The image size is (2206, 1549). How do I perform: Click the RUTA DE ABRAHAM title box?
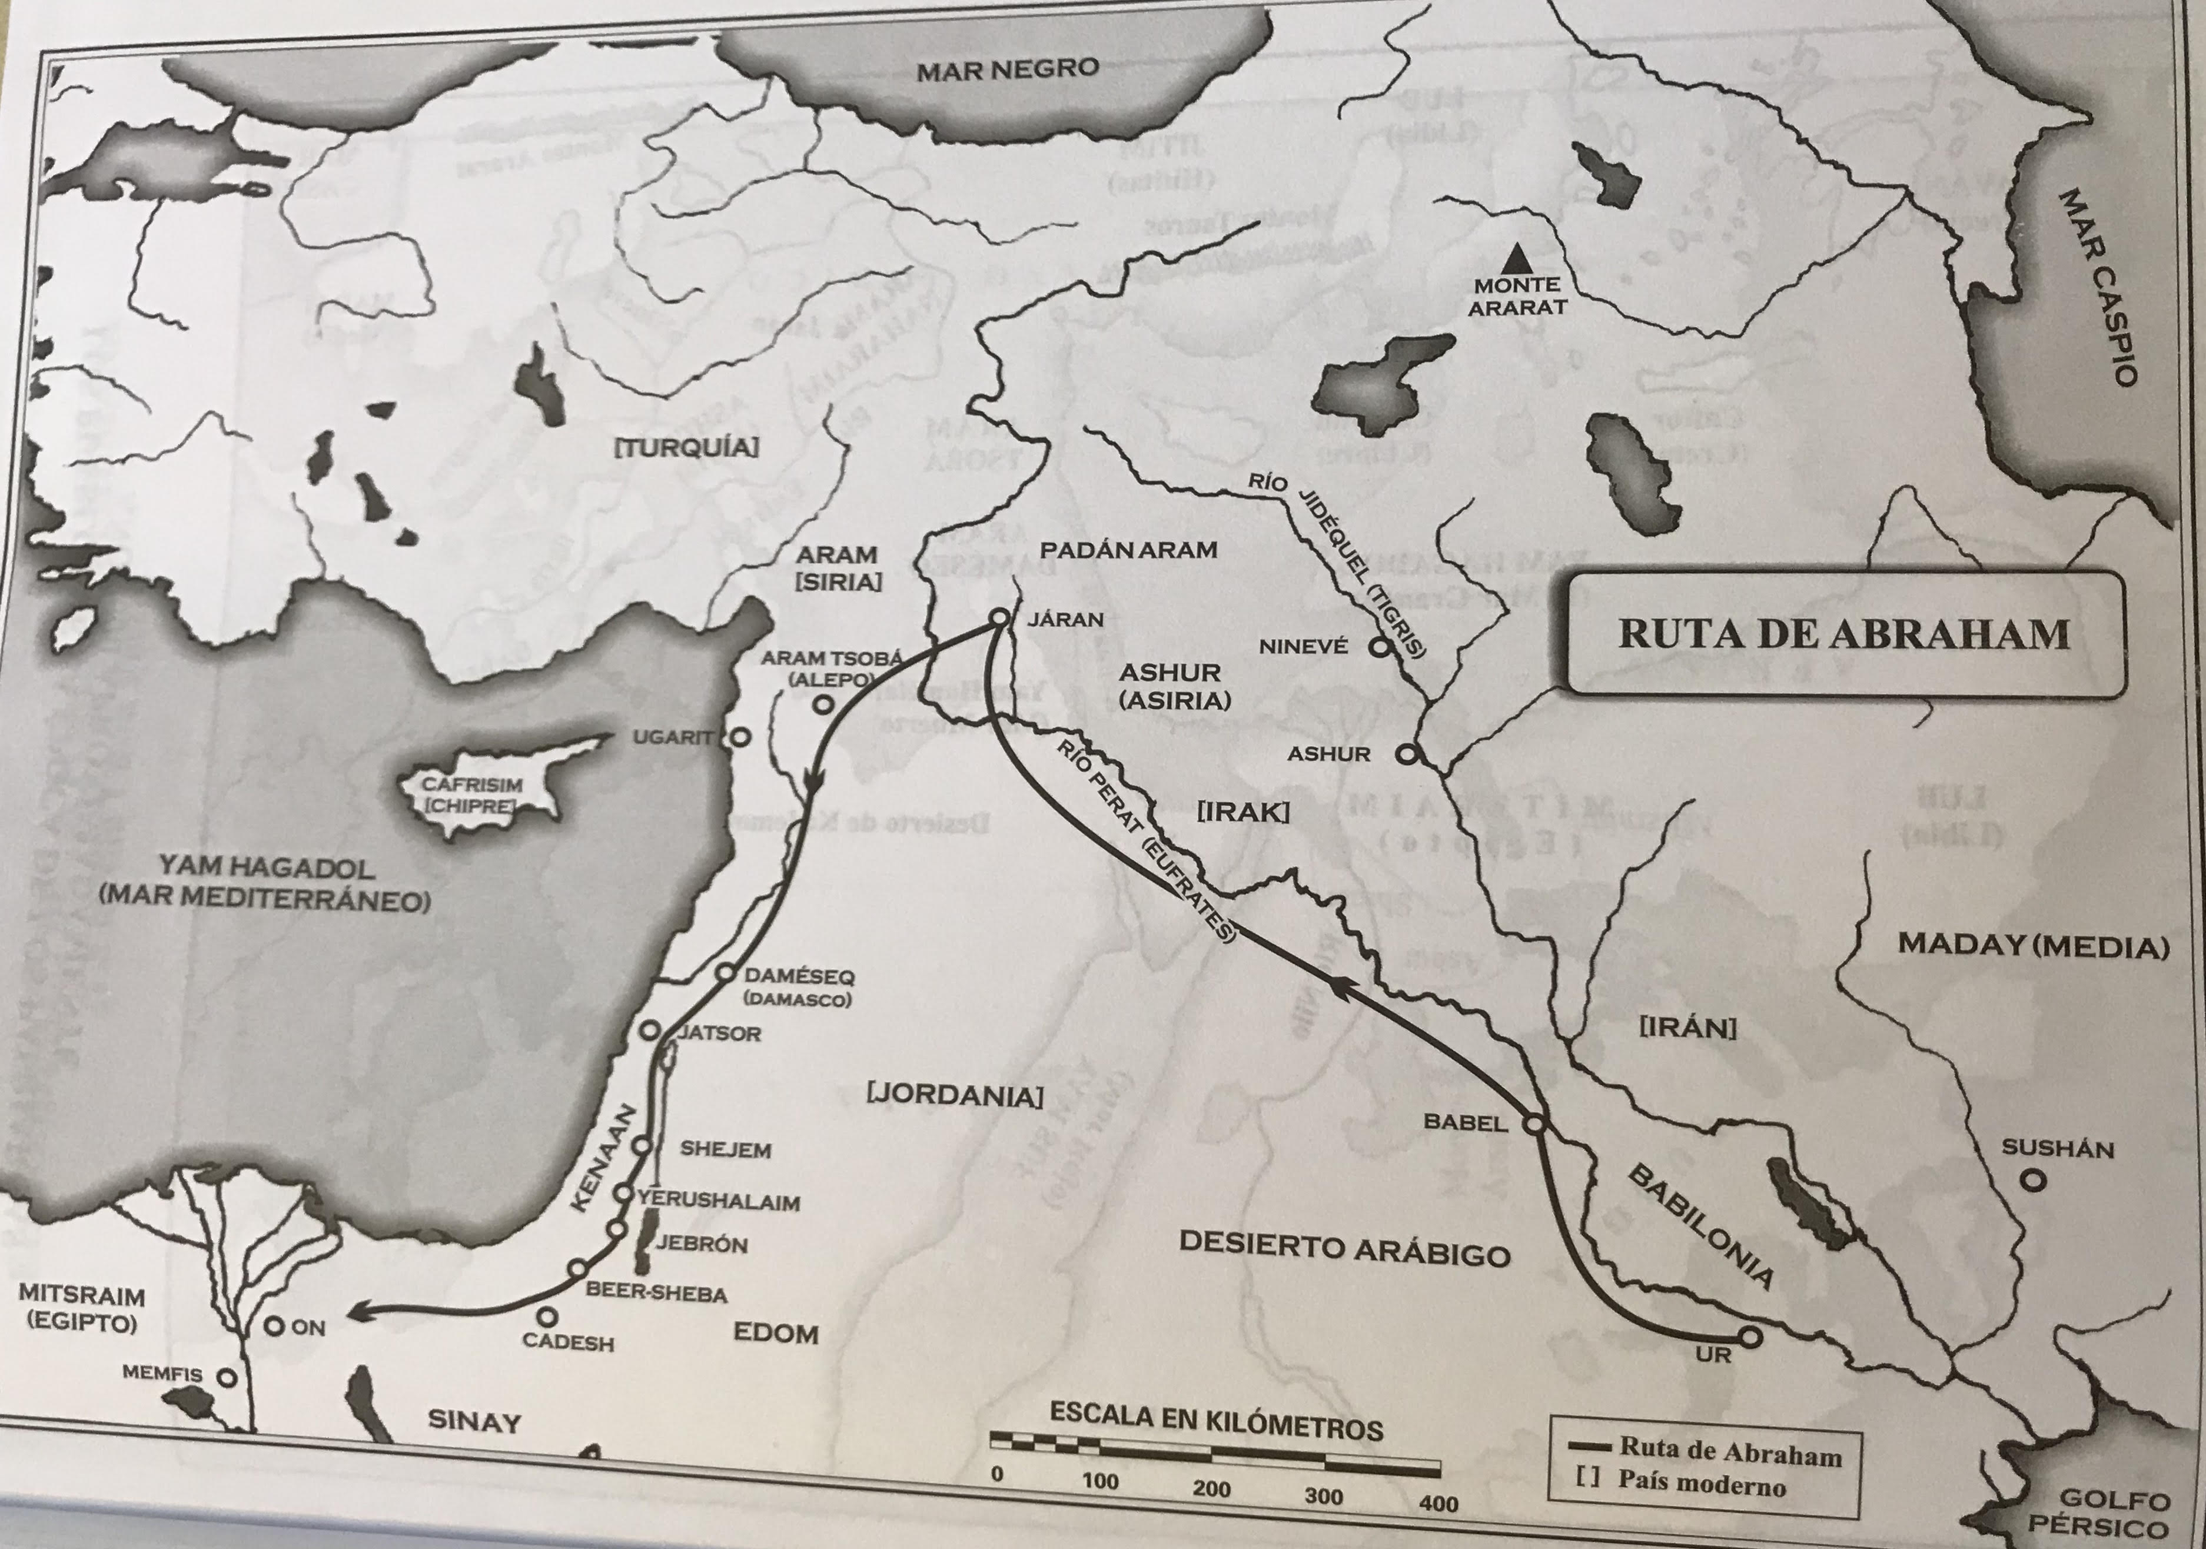click(x=1845, y=635)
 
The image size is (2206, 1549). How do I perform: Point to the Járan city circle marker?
click(x=998, y=619)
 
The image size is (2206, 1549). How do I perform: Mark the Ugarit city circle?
click(x=739, y=738)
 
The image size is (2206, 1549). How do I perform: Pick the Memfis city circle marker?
click(x=227, y=1377)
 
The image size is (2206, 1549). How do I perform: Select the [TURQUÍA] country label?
click(x=686, y=447)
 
